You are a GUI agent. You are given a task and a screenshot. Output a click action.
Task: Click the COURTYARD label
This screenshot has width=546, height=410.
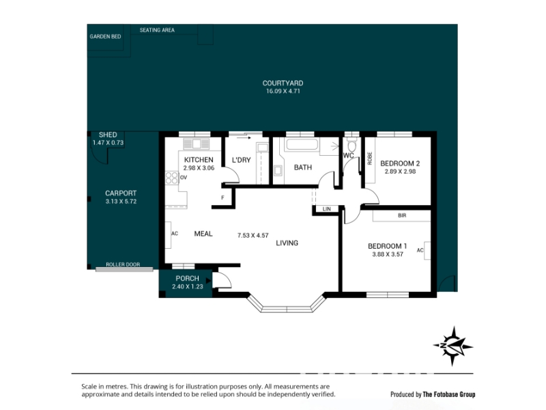[x=283, y=83]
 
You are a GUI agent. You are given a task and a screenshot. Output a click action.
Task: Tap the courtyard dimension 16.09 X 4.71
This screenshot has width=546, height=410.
[x=283, y=92]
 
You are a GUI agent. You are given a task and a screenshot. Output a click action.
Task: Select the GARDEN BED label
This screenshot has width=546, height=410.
[x=105, y=37]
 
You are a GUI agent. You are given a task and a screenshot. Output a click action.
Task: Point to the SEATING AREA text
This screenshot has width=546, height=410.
[x=157, y=30]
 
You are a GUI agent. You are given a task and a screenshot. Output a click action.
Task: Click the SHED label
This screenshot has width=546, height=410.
[x=108, y=135]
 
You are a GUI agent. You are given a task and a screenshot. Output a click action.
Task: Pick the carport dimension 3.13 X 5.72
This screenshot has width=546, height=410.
[x=121, y=202]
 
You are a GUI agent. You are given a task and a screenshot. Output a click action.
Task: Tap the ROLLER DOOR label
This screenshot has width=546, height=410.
[x=123, y=264]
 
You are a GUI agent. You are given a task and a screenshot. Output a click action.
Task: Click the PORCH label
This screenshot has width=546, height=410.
[x=187, y=278]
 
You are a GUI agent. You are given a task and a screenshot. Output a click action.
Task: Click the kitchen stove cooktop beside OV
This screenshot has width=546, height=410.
[x=172, y=178]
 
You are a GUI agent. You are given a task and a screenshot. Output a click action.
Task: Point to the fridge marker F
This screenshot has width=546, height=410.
[x=223, y=197]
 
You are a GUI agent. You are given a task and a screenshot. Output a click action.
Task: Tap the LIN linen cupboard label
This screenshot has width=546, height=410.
[x=327, y=209]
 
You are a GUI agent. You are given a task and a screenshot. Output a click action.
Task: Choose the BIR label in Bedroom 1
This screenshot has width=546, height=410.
[x=402, y=215]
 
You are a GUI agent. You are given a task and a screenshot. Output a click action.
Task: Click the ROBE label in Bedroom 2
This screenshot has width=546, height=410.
[x=370, y=159]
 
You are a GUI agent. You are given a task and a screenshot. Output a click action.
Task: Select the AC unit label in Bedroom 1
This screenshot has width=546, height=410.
[x=420, y=250]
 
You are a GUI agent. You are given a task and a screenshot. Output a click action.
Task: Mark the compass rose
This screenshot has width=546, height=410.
[x=453, y=346]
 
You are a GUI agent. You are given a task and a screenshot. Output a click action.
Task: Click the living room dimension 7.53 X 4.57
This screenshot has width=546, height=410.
[x=253, y=235]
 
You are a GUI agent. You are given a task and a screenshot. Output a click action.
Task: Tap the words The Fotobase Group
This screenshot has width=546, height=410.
[x=449, y=395]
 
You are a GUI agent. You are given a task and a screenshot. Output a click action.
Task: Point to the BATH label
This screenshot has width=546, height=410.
[x=303, y=167]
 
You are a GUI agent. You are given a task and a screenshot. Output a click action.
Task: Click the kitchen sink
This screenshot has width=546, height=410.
[x=196, y=144]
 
